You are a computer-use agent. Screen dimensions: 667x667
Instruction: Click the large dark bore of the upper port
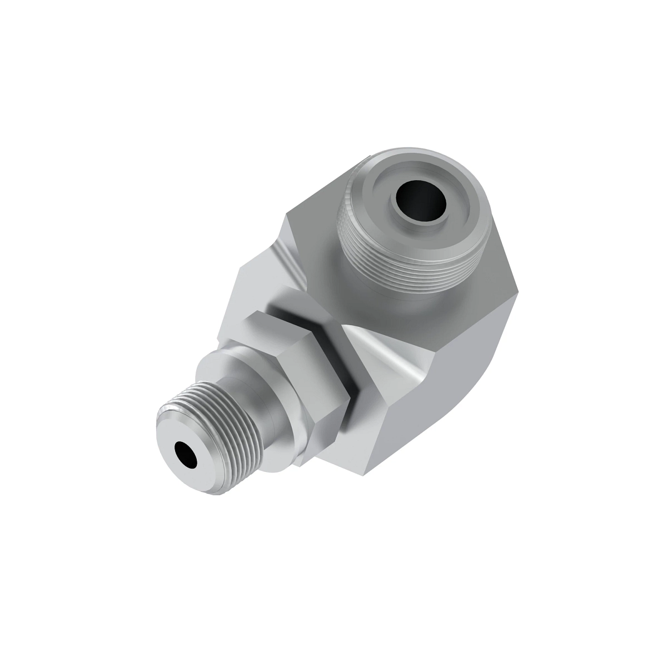[x=419, y=203]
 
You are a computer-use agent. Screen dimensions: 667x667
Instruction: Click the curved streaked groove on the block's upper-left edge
[x=289, y=261]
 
